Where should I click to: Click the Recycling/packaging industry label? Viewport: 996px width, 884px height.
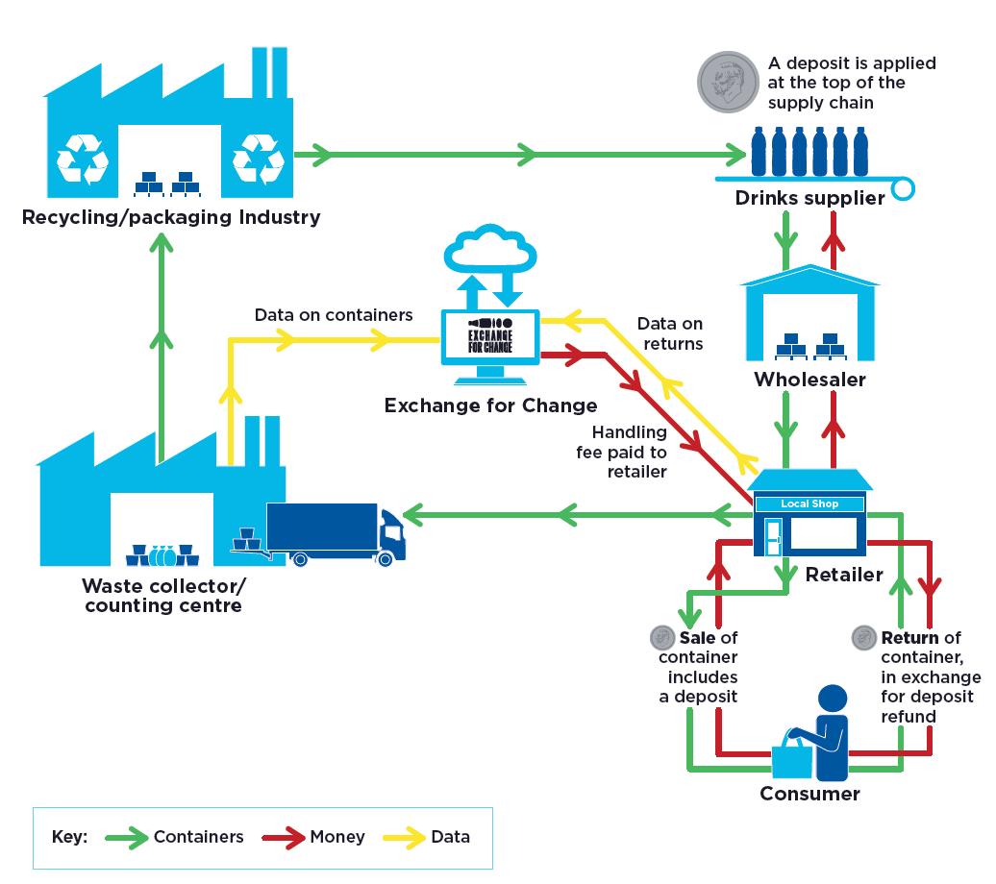(171, 217)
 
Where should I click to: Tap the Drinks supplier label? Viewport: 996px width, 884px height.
(809, 199)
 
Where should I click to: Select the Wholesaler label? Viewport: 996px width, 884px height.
(809, 379)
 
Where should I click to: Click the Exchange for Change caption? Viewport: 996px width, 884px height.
(490, 405)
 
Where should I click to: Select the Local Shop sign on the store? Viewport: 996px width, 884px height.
(809, 503)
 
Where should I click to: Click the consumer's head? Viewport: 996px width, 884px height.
(832, 700)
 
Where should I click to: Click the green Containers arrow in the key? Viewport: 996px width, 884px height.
(124, 837)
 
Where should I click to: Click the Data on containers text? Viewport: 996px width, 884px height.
(334, 315)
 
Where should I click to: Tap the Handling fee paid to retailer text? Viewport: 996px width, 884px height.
(629, 452)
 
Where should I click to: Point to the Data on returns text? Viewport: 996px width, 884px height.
(670, 334)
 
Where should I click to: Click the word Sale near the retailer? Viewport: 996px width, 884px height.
(697, 637)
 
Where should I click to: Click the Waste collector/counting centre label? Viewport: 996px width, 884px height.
(162, 596)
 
